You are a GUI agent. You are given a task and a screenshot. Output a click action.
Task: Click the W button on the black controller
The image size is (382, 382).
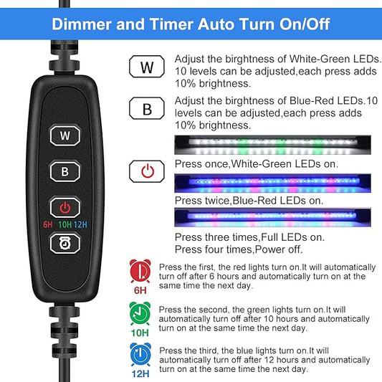coord(65,135)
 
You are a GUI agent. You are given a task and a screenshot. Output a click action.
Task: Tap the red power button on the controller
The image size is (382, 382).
coord(65,209)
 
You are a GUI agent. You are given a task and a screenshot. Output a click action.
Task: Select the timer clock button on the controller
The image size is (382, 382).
coord(65,244)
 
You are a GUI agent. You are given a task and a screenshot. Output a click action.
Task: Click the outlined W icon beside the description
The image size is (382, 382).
coord(147,68)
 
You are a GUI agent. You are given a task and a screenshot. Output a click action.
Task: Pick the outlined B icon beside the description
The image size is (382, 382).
coord(147,109)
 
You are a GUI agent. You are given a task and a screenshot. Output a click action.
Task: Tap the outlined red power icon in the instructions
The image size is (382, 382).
coord(147,171)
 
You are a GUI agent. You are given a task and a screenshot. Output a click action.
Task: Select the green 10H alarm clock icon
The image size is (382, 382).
coord(140,312)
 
